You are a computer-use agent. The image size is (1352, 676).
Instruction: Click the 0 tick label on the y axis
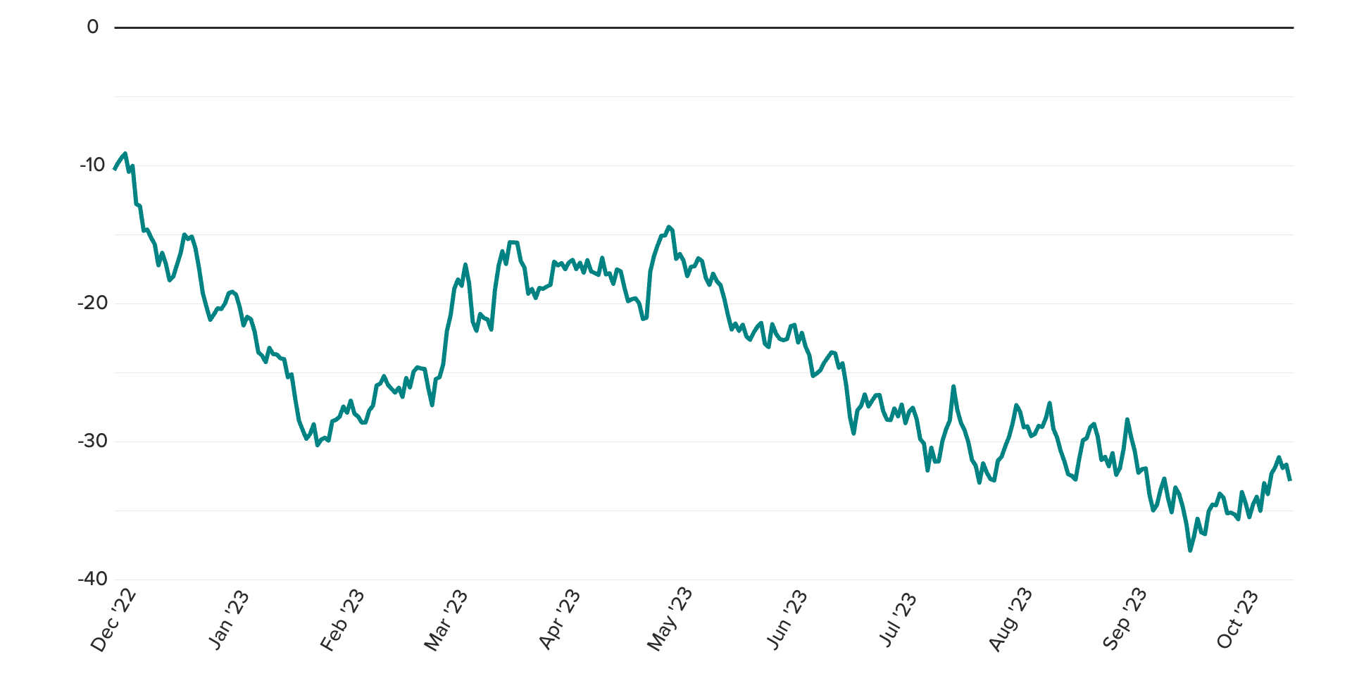click(x=93, y=27)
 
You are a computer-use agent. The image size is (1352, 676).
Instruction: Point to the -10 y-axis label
click(x=92, y=165)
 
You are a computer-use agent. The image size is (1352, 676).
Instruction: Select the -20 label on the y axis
click(x=92, y=303)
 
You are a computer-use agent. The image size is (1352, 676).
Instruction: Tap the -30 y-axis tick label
click(x=92, y=442)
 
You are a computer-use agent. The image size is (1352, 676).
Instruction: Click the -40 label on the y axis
click(x=92, y=580)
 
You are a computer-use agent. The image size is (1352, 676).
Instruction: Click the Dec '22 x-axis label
click(x=114, y=620)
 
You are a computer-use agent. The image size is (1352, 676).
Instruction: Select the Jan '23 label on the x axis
click(x=229, y=620)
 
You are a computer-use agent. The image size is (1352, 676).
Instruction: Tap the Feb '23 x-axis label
click(x=343, y=620)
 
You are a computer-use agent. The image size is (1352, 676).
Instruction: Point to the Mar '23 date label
click(x=446, y=620)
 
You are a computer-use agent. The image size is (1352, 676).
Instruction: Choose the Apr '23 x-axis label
click(x=560, y=620)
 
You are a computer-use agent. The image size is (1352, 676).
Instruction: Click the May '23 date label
click(x=670, y=620)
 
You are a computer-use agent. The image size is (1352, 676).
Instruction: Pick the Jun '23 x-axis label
click(x=787, y=620)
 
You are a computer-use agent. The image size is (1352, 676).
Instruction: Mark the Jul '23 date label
click(x=899, y=620)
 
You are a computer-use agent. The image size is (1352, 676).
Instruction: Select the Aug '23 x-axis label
click(x=1010, y=620)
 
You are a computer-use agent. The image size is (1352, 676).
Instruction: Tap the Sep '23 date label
click(x=1125, y=620)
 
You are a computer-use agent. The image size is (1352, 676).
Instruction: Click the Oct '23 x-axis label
click(x=1237, y=620)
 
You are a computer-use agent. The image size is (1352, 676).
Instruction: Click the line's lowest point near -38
click(x=1190, y=550)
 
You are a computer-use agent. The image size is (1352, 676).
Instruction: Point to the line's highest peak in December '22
click(x=125, y=153)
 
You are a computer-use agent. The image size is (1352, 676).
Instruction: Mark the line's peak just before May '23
click(x=668, y=227)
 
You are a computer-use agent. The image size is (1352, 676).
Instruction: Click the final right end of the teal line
click(x=1290, y=480)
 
